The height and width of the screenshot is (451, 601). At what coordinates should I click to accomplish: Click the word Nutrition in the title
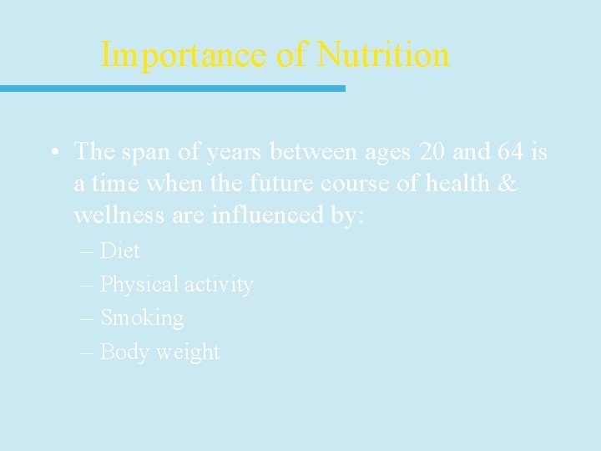click(383, 55)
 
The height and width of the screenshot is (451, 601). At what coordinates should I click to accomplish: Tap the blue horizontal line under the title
click(172, 88)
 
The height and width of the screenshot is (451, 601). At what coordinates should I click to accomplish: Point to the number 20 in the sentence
click(433, 151)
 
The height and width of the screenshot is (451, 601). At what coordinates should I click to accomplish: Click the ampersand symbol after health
click(508, 183)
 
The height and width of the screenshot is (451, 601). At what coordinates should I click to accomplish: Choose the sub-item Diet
click(119, 251)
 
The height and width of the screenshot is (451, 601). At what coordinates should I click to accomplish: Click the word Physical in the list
click(139, 285)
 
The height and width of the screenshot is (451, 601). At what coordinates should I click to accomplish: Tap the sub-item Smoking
click(142, 318)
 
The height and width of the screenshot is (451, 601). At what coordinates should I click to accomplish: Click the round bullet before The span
click(53, 153)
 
